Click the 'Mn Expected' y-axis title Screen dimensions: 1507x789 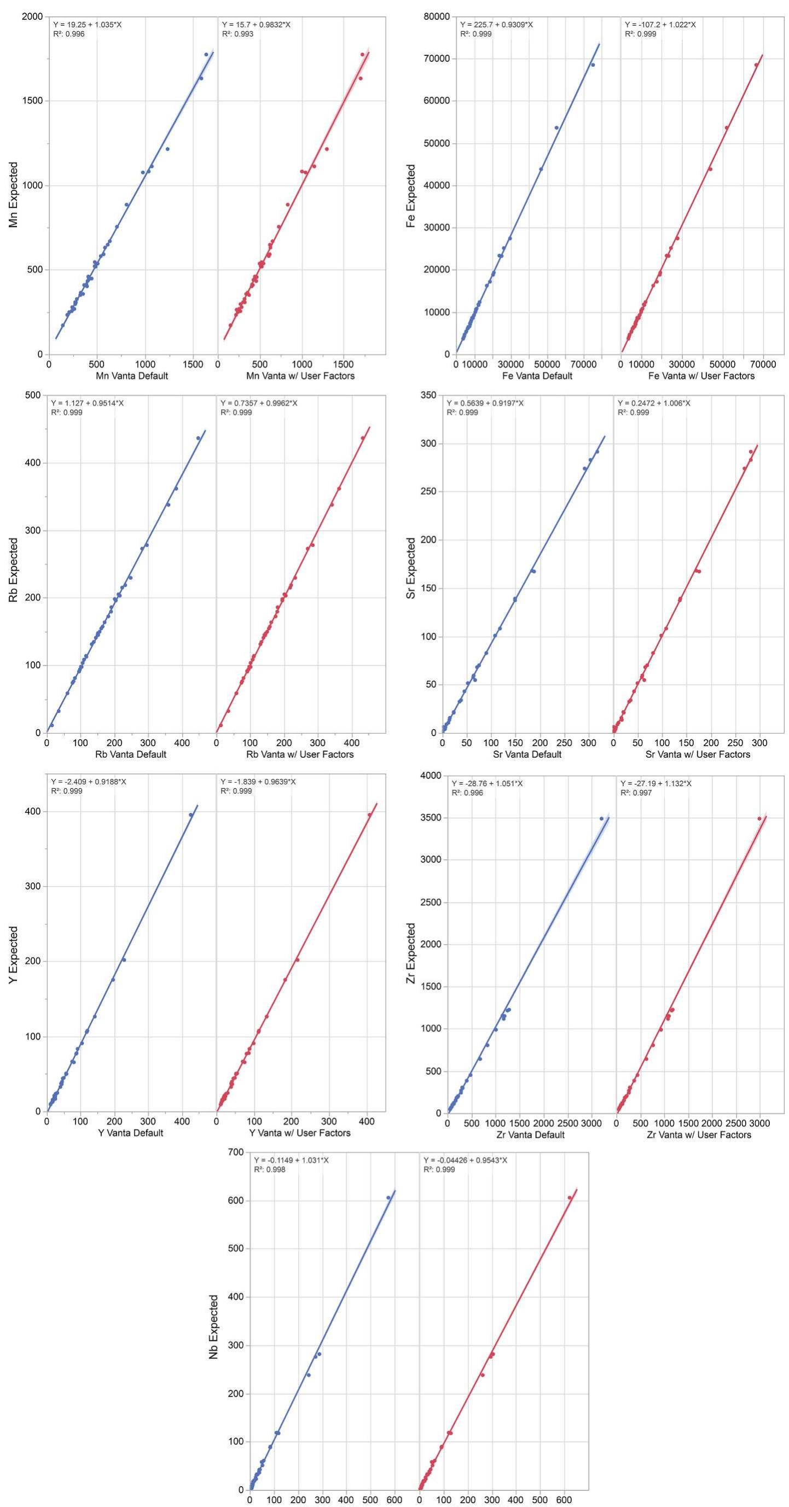click(13, 185)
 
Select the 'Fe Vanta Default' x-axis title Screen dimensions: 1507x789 click(537, 376)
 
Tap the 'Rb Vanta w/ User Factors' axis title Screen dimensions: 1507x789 click(300, 754)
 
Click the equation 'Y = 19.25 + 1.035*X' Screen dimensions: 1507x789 click(87, 25)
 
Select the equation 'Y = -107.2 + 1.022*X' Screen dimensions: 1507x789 click(660, 25)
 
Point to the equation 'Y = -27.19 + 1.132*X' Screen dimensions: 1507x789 click(655, 783)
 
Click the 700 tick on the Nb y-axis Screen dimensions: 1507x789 click(236, 1152)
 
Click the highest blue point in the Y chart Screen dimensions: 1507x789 click(191, 815)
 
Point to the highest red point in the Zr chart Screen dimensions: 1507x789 click(759, 818)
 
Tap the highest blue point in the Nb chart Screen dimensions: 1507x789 click(388, 1197)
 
